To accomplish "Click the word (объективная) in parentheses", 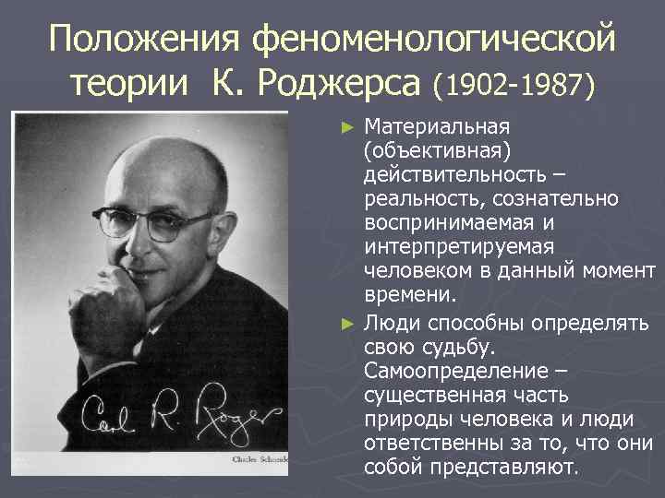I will [425, 149].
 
